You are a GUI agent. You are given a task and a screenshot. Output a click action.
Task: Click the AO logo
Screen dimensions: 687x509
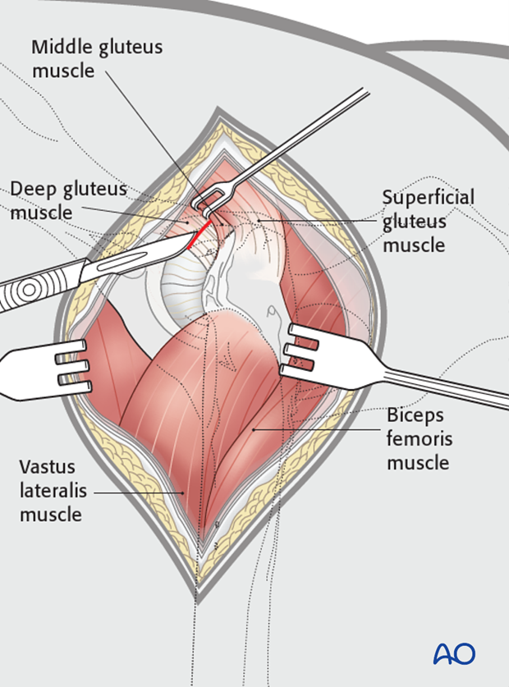454,653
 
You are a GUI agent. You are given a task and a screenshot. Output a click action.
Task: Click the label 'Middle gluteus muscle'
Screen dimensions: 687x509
97,58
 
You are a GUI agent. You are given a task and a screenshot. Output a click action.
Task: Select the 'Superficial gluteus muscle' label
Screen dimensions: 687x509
428,221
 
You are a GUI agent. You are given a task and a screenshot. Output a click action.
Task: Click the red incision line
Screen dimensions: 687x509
197,235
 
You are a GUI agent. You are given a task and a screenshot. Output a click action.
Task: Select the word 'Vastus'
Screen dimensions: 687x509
48,467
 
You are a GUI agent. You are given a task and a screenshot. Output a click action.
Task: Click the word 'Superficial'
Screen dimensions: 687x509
428,198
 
